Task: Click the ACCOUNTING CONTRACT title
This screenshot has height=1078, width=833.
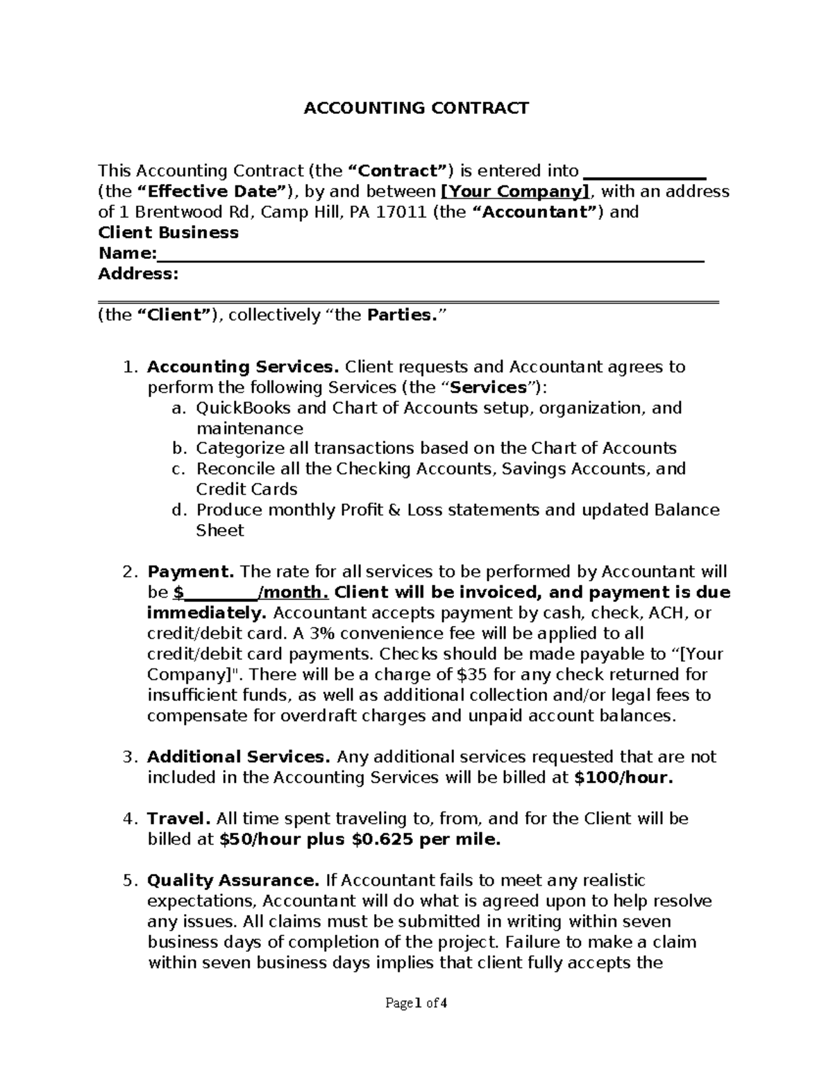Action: [416, 108]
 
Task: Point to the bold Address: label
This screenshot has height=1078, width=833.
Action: [138, 274]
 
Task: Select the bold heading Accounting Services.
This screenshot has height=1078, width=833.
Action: [243, 367]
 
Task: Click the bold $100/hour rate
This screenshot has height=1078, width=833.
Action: [624, 777]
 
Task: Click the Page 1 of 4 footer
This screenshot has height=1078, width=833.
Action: [416, 1003]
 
